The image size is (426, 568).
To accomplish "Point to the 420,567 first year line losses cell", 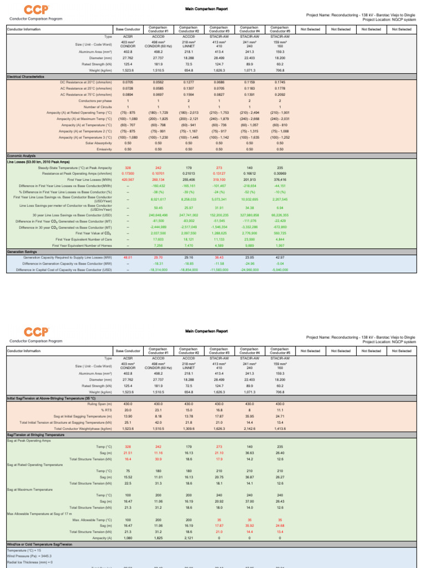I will pos(128,180).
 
